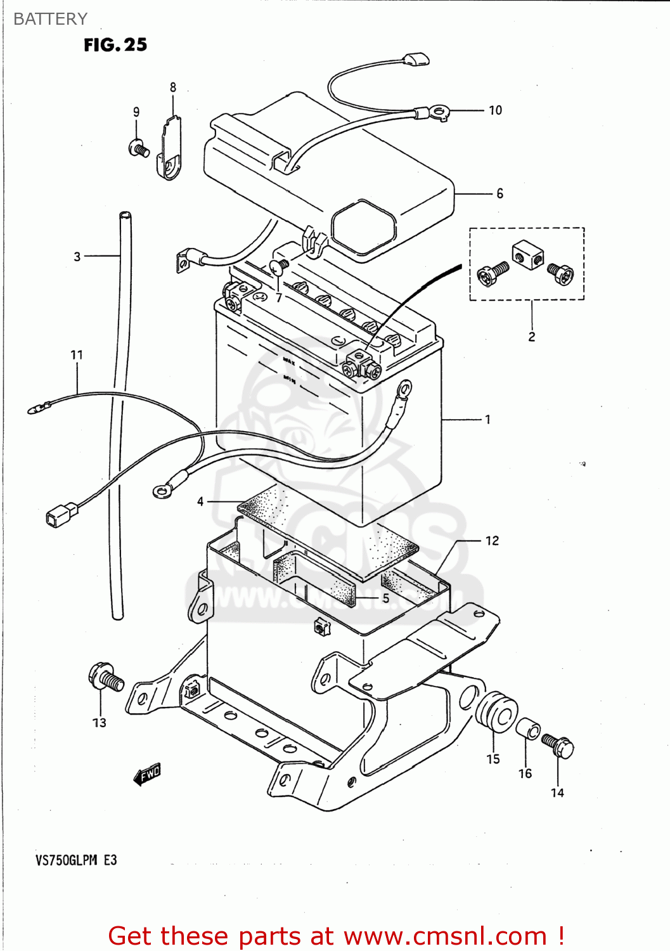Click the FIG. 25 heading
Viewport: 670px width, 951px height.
point(115,45)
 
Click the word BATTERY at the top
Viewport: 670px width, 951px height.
point(50,19)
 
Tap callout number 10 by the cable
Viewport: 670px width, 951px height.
point(495,110)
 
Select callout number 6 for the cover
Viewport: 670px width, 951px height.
point(499,193)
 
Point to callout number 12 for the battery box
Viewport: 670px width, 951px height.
point(492,541)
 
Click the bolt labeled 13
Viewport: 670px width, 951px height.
point(105,678)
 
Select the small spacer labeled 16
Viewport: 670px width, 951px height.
point(527,729)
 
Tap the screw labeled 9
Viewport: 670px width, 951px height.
point(139,149)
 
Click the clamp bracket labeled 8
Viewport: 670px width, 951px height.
point(170,149)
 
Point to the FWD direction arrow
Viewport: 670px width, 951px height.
point(148,774)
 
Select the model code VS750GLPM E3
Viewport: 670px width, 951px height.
point(76,860)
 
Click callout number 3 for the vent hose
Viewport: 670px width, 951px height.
point(77,257)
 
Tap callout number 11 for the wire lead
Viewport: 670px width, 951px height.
point(77,355)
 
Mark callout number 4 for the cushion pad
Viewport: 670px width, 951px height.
point(200,501)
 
